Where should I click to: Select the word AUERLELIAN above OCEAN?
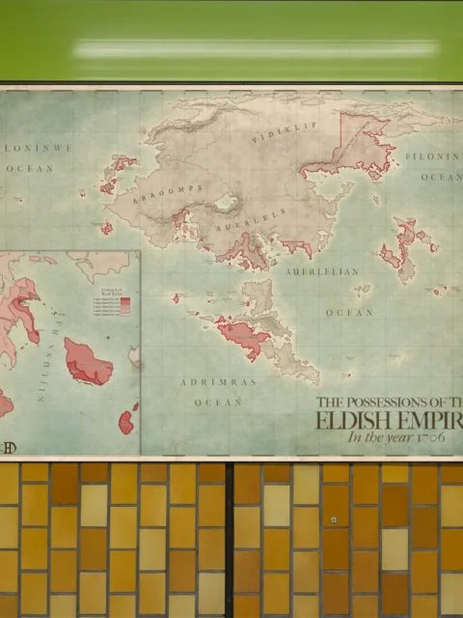[321, 272]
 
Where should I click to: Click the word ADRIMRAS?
[218, 382]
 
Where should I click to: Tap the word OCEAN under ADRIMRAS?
[218, 402]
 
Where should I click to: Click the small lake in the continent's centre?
[227, 203]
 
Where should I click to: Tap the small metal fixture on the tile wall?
[334, 520]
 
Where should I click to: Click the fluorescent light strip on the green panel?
[256, 47]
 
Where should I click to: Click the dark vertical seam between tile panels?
[230, 541]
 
